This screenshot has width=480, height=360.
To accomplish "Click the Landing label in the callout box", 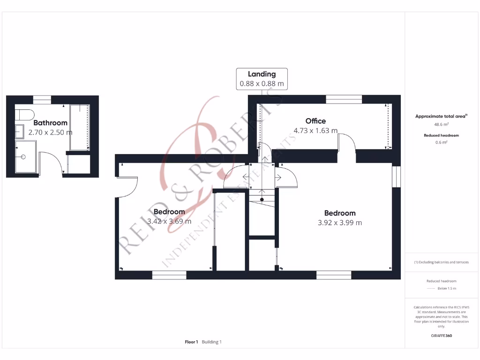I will click(262, 74).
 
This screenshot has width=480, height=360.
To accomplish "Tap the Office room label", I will click(315, 121).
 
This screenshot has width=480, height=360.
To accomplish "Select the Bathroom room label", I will click(50, 123).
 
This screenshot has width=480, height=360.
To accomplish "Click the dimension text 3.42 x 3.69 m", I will click(169, 221).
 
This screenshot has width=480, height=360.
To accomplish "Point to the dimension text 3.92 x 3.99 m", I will click(339, 223).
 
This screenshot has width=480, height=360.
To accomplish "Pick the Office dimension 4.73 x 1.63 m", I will click(315, 131).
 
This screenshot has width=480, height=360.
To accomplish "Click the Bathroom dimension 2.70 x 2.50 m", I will click(50, 133).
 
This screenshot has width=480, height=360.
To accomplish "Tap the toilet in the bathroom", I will click(23, 115).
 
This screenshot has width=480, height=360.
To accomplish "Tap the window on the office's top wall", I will click(344, 99).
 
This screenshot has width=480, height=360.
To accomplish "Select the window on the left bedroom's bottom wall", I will click(169, 275).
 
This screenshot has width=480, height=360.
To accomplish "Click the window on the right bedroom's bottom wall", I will click(334, 275).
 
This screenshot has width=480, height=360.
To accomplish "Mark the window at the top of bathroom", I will click(42, 99).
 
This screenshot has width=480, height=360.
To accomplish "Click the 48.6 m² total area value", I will click(441, 125).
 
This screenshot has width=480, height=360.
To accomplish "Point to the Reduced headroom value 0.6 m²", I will click(441, 142).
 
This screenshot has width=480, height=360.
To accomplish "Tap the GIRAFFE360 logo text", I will click(441, 336).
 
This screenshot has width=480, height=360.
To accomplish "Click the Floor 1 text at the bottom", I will click(191, 342).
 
